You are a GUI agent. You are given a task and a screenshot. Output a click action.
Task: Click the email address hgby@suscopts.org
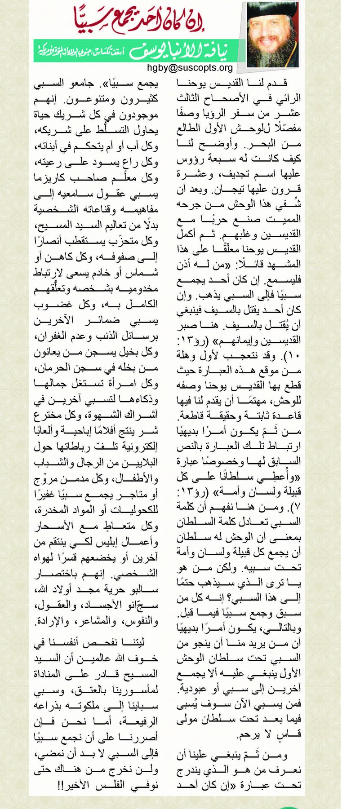point(190,68)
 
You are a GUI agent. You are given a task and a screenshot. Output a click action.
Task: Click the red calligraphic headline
point(153,18)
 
